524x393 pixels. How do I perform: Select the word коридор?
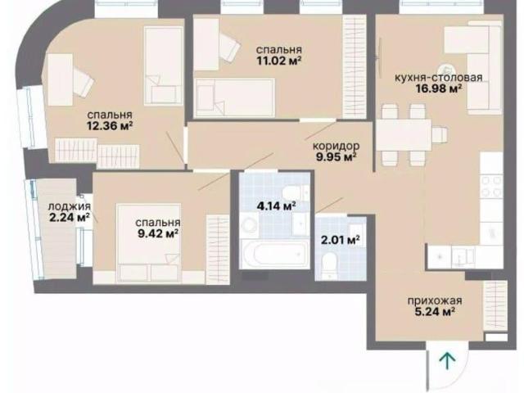pyautogui.click(x=336, y=146)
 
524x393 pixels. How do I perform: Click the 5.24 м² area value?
pyautogui.click(x=435, y=312)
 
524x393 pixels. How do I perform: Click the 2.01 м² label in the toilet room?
pyautogui.click(x=341, y=240)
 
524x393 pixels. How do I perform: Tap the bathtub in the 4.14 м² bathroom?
pyautogui.click(x=276, y=253)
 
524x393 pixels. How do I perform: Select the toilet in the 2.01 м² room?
pyautogui.click(x=328, y=265)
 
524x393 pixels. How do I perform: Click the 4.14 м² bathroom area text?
pyautogui.click(x=276, y=206)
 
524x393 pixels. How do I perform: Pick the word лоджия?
pyautogui.click(x=69, y=207)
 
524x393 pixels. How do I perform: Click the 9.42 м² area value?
pyautogui.click(x=158, y=233)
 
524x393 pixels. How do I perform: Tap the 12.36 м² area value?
pyautogui.click(x=110, y=126)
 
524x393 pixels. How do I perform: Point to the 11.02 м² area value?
pyautogui.click(x=279, y=61)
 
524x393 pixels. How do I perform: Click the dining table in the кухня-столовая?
pyautogui.click(x=404, y=135)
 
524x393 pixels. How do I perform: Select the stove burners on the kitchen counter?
pyautogui.click(x=491, y=186)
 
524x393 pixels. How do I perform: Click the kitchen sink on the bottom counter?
pyautogui.click(x=463, y=257)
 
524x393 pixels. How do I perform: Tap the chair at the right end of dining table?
pyautogui.click(x=439, y=135)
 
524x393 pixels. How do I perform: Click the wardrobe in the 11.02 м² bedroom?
pyautogui.click(x=355, y=66)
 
